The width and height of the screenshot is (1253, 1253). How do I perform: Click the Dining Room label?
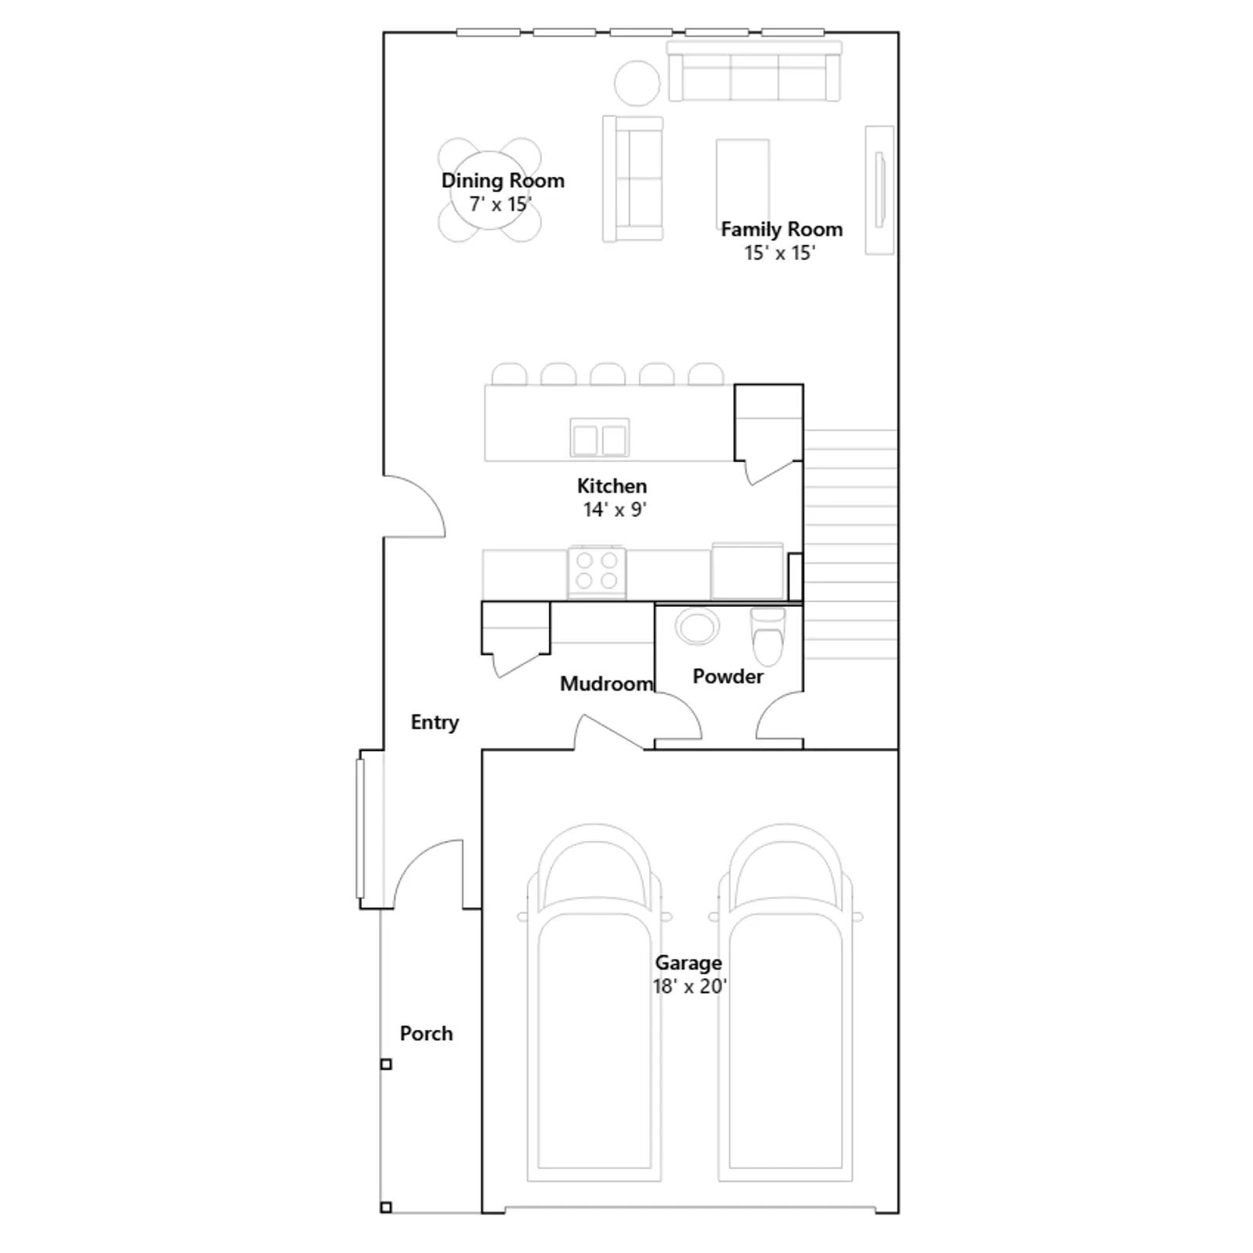503,181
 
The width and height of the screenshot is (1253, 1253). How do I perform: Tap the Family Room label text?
782,229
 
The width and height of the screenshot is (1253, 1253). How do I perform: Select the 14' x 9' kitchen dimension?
615,510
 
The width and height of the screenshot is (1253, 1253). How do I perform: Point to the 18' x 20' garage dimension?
690,987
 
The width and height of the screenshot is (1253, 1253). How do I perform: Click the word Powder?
728,677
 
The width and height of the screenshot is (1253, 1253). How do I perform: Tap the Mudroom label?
606,684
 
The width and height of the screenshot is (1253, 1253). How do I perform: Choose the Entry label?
435,723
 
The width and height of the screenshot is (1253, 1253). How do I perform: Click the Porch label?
426,1034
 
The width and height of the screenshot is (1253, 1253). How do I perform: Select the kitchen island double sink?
599,438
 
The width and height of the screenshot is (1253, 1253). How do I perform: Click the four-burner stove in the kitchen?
597,572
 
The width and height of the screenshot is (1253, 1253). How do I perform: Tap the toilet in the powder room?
767,636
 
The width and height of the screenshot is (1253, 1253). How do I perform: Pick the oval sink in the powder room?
696,627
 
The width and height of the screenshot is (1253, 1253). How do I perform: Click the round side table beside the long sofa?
637,83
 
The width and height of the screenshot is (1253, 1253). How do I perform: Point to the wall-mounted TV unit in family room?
879,190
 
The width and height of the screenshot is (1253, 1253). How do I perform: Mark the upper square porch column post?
386,1064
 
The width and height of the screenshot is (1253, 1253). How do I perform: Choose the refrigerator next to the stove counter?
747,571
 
